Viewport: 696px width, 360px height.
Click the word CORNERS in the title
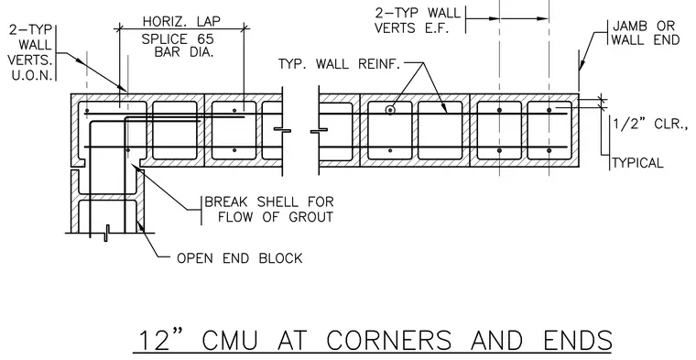pos(389,341)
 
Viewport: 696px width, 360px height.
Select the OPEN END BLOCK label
pos(240,258)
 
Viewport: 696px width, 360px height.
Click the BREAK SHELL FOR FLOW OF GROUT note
pos(268,210)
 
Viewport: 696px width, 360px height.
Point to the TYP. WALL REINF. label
pos(340,64)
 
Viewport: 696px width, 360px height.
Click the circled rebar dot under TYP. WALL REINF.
pos(390,110)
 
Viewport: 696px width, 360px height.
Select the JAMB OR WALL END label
pos(645,32)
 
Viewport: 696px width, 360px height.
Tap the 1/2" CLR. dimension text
pos(649,124)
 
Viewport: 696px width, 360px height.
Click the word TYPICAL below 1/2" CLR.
pos(638,163)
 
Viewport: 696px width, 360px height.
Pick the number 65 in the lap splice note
pos(205,39)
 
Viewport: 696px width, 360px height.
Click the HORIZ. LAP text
pos(181,21)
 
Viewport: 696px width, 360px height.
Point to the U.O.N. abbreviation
pos(32,75)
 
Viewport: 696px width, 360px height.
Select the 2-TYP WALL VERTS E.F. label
pos(418,20)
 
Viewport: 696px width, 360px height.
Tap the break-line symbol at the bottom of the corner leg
pos(106,233)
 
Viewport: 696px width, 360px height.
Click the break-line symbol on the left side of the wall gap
pos(282,129)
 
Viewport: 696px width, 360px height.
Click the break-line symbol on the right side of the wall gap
pos(319,129)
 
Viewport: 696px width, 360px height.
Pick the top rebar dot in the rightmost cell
pos(549,110)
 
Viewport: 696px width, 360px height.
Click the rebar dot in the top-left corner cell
pos(87,111)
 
